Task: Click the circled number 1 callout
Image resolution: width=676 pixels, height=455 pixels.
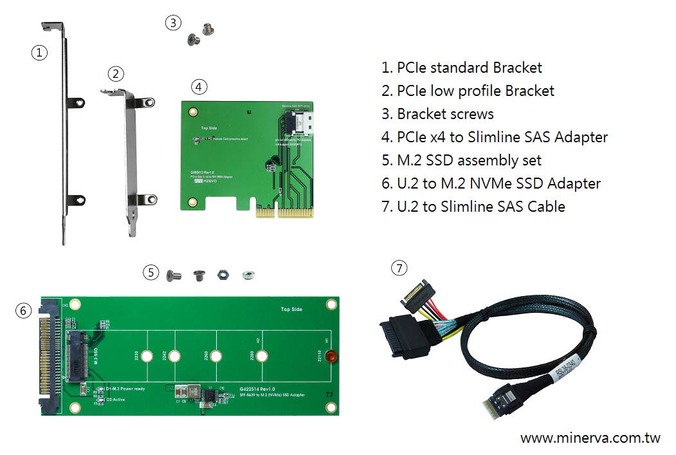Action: tap(40, 53)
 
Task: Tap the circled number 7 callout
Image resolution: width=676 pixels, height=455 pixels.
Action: tap(399, 268)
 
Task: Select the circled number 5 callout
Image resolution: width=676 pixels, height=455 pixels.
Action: tap(151, 272)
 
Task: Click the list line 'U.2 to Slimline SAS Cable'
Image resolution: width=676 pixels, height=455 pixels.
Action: tap(473, 207)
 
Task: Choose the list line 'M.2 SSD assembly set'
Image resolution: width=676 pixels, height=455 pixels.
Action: tap(461, 160)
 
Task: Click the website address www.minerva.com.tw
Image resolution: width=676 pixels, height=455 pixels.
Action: tap(590, 438)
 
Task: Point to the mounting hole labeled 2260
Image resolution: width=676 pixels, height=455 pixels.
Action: tap(215, 356)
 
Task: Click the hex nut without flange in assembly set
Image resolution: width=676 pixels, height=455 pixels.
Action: tap(221, 275)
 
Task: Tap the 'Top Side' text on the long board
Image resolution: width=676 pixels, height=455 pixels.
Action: tap(291, 310)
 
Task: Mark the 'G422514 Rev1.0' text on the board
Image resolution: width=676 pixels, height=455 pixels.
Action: tap(257, 389)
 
